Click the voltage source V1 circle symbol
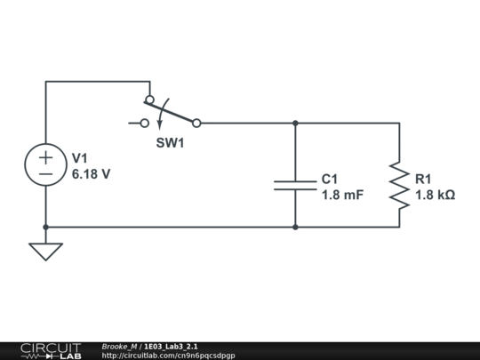[x=45, y=166]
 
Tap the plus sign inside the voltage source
[x=45, y=158]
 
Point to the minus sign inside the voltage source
[x=45, y=175]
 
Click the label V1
[x=81, y=157]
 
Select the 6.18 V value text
[x=91, y=174]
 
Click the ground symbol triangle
[x=45, y=251]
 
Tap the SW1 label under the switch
[x=171, y=142]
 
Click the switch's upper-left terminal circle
[x=149, y=100]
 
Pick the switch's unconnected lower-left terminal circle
[x=146, y=124]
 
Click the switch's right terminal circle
[x=196, y=124]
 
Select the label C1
[x=330, y=179]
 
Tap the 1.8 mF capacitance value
[x=342, y=195]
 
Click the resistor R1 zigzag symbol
[x=399, y=186]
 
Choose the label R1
[x=423, y=179]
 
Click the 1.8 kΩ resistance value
[x=435, y=195]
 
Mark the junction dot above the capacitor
[x=295, y=124]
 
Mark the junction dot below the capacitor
[x=295, y=227]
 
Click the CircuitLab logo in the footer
[x=50, y=350]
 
